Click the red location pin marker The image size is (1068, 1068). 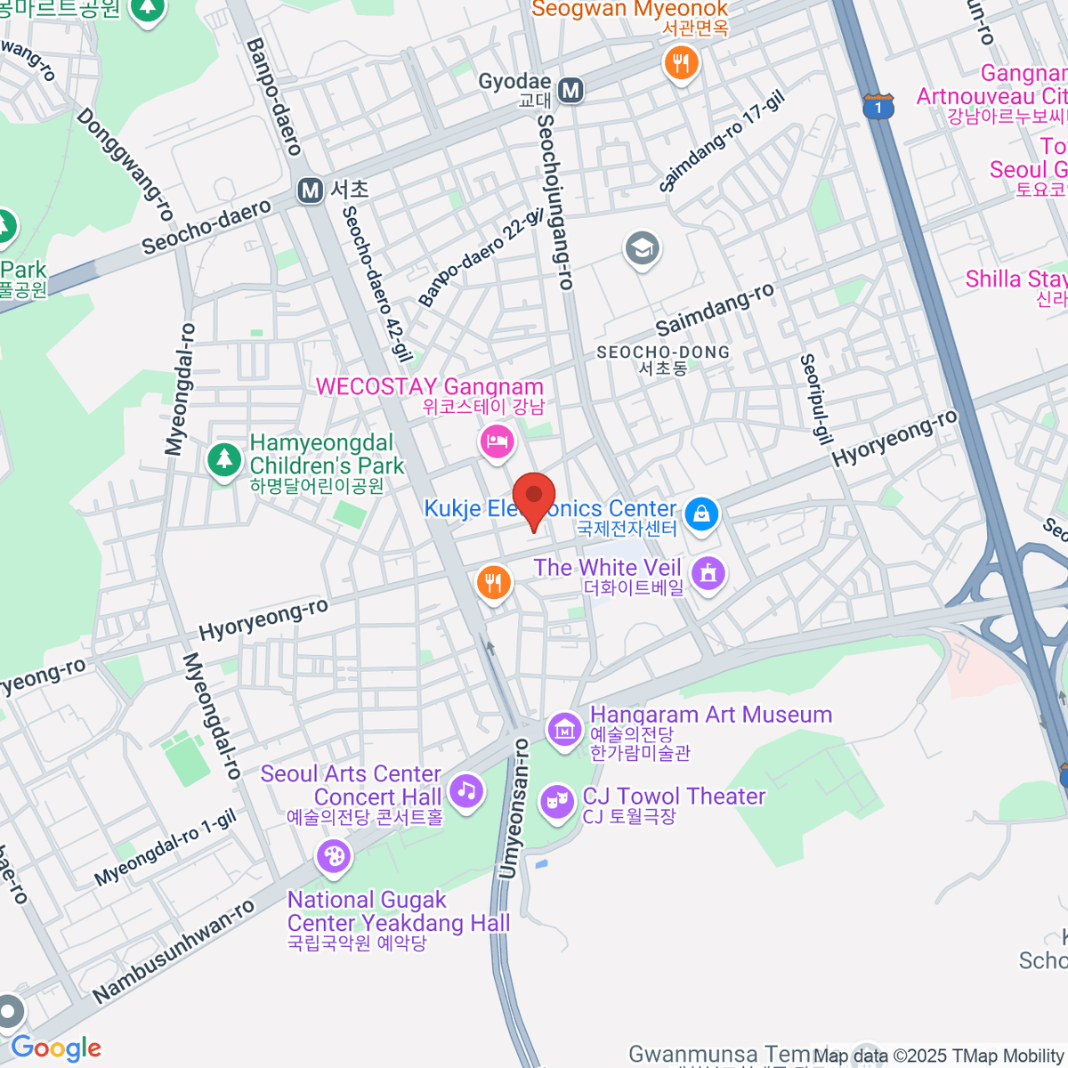click(x=534, y=499)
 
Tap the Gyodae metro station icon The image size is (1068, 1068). click(x=570, y=89)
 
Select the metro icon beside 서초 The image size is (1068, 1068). click(x=311, y=190)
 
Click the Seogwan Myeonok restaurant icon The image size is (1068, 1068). click(x=681, y=63)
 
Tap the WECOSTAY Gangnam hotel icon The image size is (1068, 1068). click(x=497, y=441)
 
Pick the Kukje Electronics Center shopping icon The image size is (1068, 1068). click(x=701, y=514)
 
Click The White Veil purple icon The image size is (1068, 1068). click(x=708, y=573)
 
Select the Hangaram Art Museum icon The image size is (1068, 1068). click(x=564, y=729)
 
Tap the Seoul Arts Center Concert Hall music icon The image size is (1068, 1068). click(x=465, y=790)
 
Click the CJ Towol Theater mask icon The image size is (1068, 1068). click(x=557, y=802)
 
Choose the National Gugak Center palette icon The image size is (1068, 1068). click(x=334, y=857)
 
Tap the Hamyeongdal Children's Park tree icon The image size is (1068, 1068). click(x=223, y=460)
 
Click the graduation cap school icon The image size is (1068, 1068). click(x=642, y=248)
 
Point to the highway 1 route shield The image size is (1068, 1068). click(x=878, y=107)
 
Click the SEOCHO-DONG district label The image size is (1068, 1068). click(x=663, y=359)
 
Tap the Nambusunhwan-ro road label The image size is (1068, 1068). click(x=173, y=951)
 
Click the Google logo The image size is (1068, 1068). click(x=56, y=1048)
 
